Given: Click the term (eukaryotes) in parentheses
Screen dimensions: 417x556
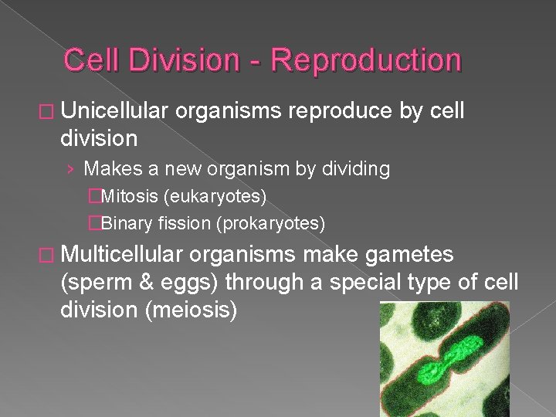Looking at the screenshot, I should (215, 198).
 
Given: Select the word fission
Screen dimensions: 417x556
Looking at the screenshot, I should (183, 224).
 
